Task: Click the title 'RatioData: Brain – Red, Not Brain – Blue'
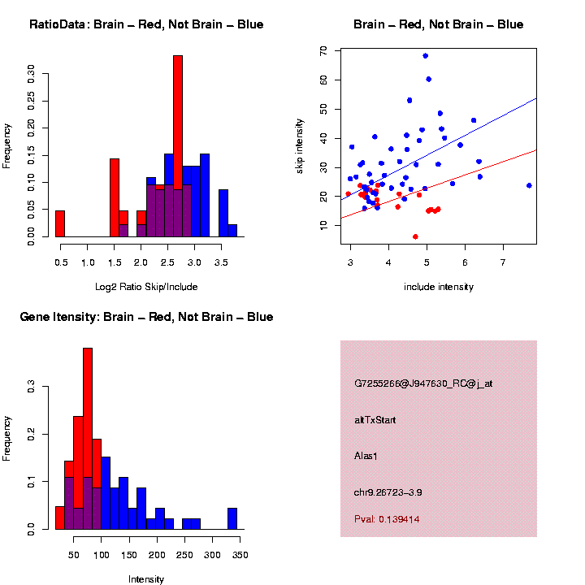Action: (x=146, y=24)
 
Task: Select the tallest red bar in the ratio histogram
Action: (x=178, y=146)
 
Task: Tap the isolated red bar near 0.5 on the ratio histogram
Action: (x=60, y=223)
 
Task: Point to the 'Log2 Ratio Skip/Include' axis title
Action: (x=146, y=287)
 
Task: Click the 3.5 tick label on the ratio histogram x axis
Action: (x=221, y=262)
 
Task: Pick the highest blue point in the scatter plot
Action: (x=425, y=56)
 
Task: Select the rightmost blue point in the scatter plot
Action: (x=529, y=185)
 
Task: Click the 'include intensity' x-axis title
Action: (x=439, y=287)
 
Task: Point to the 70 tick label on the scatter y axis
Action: (x=323, y=50)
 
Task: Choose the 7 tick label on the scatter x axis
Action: (x=503, y=262)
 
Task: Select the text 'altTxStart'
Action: (x=375, y=420)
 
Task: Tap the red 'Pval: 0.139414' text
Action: (x=387, y=518)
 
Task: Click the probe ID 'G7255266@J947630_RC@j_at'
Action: (x=422, y=383)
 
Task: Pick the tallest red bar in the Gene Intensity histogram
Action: (x=88, y=439)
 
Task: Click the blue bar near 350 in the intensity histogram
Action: (x=232, y=518)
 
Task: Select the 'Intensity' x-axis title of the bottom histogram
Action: (x=146, y=579)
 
